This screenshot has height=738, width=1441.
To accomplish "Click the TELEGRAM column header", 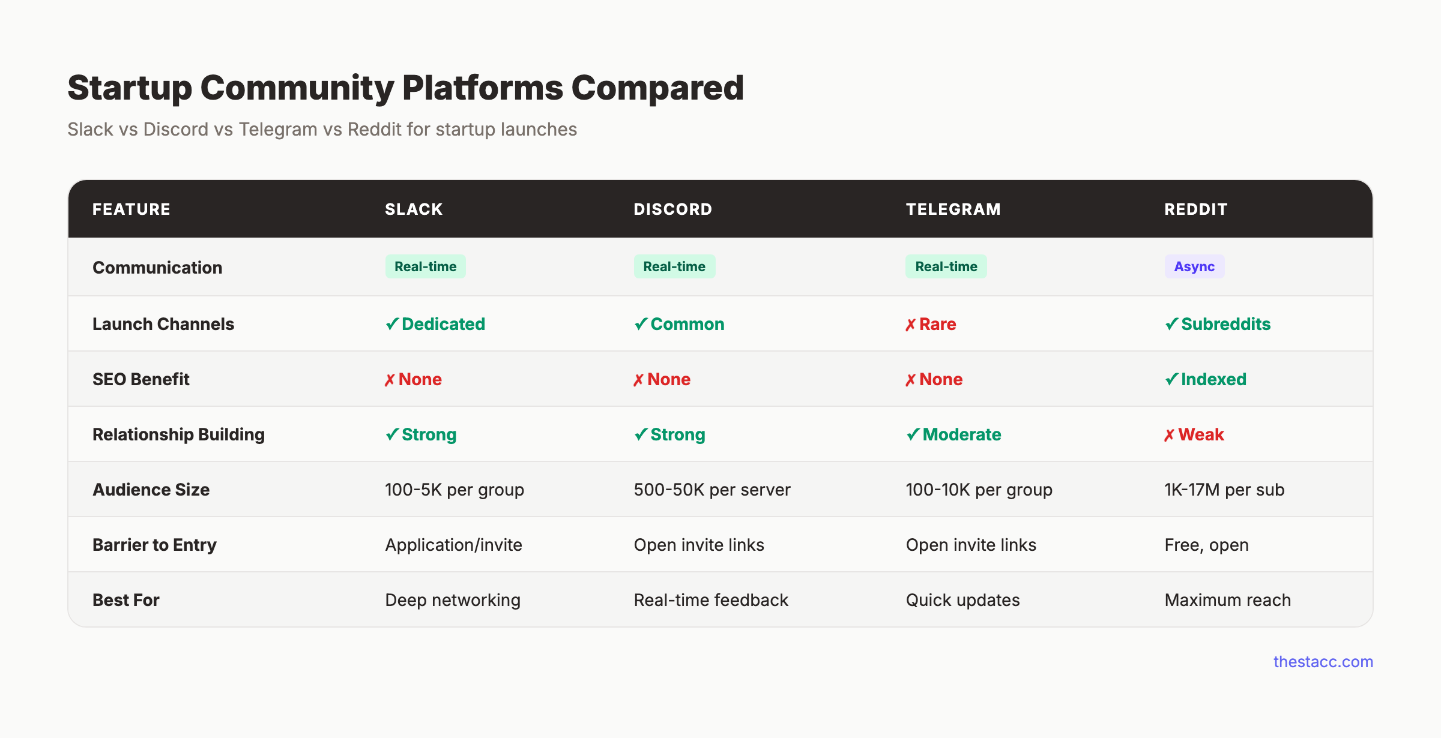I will (x=953, y=209).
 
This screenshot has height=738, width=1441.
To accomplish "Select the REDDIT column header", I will (x=1195, y=209).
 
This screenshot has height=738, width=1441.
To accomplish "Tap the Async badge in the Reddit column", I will (x=1194, y=266).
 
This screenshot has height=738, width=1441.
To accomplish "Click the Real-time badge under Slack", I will (x=425, y=266).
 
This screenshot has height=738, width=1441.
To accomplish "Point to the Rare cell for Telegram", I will (x=931, y=324).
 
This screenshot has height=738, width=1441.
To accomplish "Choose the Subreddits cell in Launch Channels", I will (x=1218, y=324).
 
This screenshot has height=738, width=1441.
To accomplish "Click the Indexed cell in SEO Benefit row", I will (x=1206, y=379).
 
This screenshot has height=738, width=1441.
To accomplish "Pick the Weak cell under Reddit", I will (x=1194, y=434).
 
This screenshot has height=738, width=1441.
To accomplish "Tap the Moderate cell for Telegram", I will (x=954, y=434).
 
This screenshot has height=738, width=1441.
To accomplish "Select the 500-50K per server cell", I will (x=712, y=490).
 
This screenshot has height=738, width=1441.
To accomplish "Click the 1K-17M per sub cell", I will (x=1224, y=490).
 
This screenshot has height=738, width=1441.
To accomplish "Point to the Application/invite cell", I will (x=453, y=545).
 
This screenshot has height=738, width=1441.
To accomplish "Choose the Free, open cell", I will (x=1206, y=545).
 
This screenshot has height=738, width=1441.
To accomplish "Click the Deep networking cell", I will (x=453, y=600).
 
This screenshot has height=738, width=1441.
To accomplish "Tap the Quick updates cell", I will (x=962, y=600).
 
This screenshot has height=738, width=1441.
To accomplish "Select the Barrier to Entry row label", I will (x=154, y=545).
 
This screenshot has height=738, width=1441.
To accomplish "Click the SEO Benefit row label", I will (x=140, y=379).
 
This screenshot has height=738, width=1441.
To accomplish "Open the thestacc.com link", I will (x=1323, y=661).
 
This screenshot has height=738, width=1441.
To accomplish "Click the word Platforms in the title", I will (x=482, y=88).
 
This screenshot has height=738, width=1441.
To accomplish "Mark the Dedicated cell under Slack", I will (x=436, y=324).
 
